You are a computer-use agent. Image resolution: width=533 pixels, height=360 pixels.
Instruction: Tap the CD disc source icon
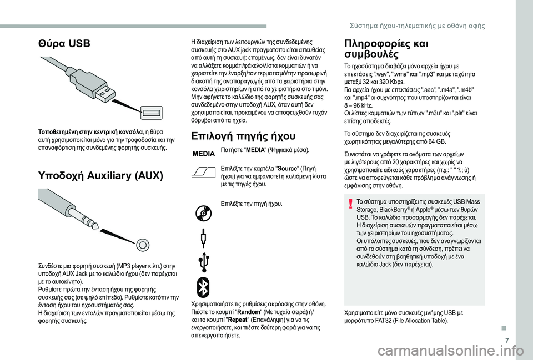click(204, 213)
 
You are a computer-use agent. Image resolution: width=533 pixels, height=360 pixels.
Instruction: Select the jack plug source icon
click(204, 239)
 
